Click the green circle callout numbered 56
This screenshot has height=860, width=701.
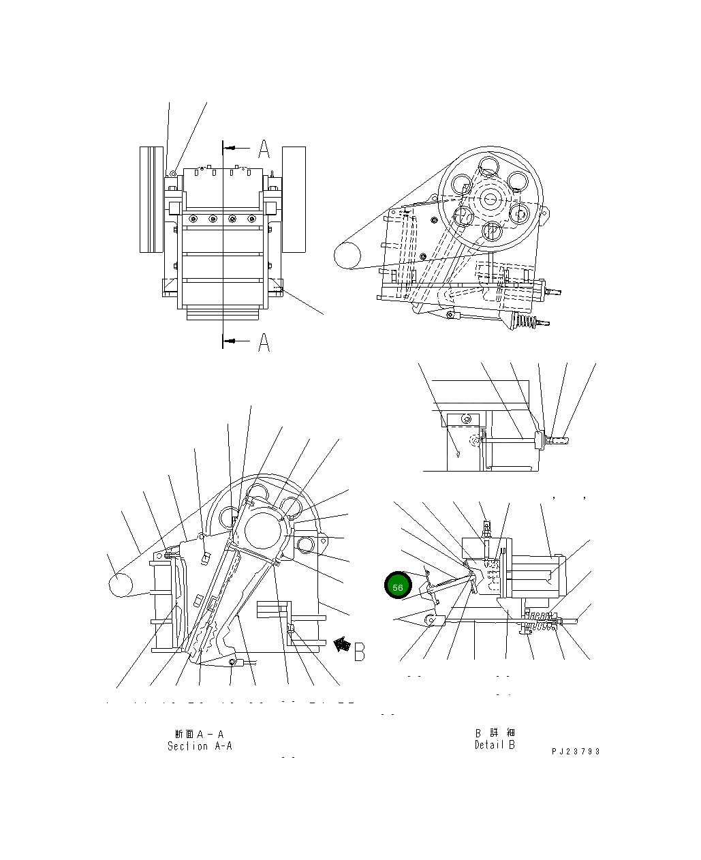(398, 587)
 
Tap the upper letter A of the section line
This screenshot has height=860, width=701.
(264, 148)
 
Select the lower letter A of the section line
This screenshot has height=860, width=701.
(264, 342)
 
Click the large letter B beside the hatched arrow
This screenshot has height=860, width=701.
(360, 651)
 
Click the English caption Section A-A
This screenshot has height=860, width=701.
(200, 746)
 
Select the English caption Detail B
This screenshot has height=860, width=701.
(495, 745)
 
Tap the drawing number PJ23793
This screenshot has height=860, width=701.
(576, 752)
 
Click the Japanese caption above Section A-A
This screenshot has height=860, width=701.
(199, 734)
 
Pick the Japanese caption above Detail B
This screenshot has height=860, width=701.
(495, 733)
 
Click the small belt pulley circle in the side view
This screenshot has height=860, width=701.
(347, 256)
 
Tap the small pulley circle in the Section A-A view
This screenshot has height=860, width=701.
(121, 585)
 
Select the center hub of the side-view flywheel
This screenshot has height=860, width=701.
(490, 199)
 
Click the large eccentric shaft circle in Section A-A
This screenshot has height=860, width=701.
(262, 530)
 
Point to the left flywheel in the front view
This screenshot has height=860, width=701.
(151, 199)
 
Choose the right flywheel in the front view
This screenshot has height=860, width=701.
(294, 199)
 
